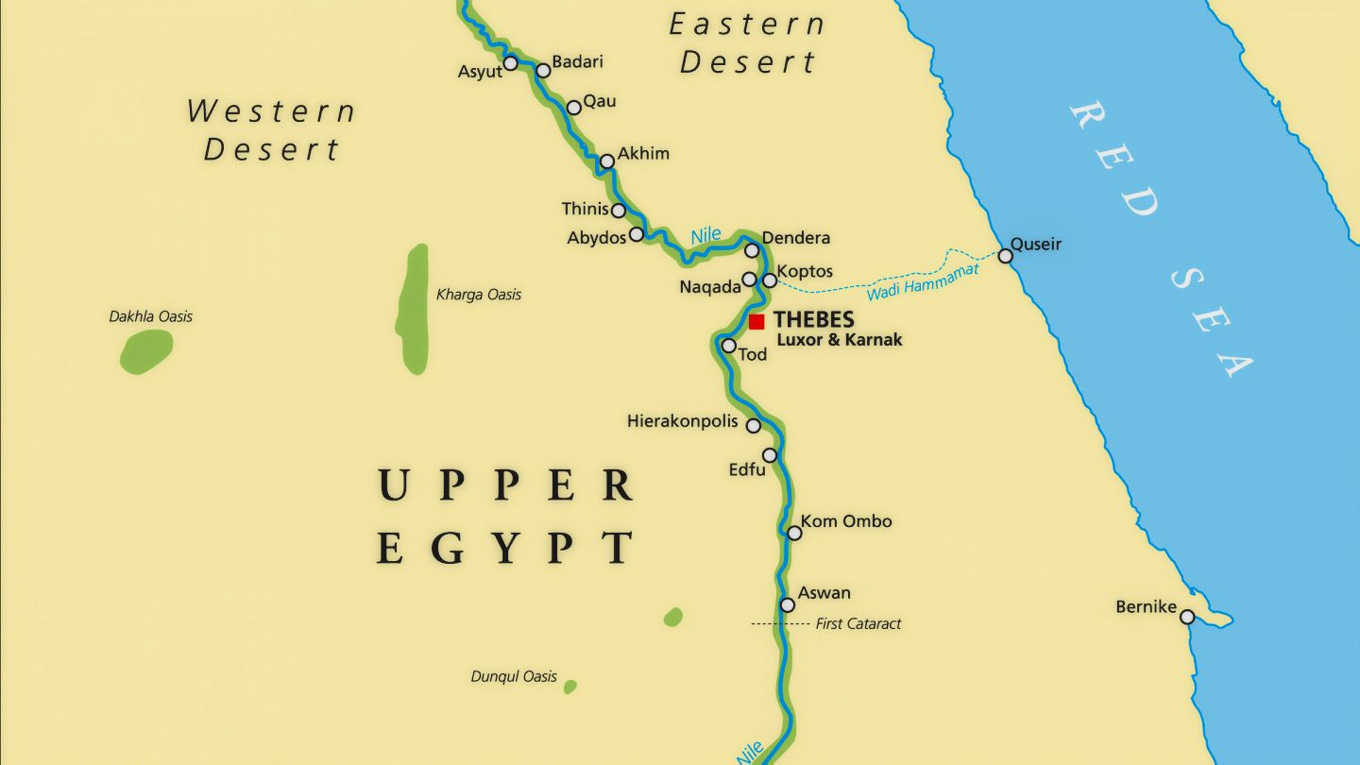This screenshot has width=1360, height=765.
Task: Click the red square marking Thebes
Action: click(x=756, y=322)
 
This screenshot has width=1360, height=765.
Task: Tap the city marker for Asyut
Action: click(x=510, y=63)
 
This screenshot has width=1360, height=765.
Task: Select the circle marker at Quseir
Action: click(x=1005, y=256)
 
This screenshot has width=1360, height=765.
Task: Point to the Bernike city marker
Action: click(x=1187, y=617)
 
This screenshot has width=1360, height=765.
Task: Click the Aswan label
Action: click(x=824, y=593)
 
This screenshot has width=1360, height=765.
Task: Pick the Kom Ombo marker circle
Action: click(x=794, y=534)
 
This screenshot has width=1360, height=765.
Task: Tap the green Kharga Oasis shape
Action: click(x=414, y=309)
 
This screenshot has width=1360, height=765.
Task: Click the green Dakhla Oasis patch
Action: click(x=146, y=351)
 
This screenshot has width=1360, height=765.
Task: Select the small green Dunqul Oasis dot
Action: click(x=570, y=687)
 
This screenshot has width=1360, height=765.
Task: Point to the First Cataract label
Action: click(x=858, y=623)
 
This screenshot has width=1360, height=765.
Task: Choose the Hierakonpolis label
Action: click(x=682, y=421)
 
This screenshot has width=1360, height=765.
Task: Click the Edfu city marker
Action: click(x=770, y=455)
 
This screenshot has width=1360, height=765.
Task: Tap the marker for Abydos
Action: click(x=637, y=234)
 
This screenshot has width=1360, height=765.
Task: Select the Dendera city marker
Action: click(x=752, y=250)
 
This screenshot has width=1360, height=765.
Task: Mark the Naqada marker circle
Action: click(x=749, y=280)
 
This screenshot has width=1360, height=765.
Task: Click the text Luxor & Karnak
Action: click(x=839, y=340)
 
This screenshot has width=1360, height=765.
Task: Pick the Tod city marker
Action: click(x=728, y=346)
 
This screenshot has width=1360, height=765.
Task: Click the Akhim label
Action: click(x=643, y=154)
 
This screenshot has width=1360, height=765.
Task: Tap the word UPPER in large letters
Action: click(x=506, y=485)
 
